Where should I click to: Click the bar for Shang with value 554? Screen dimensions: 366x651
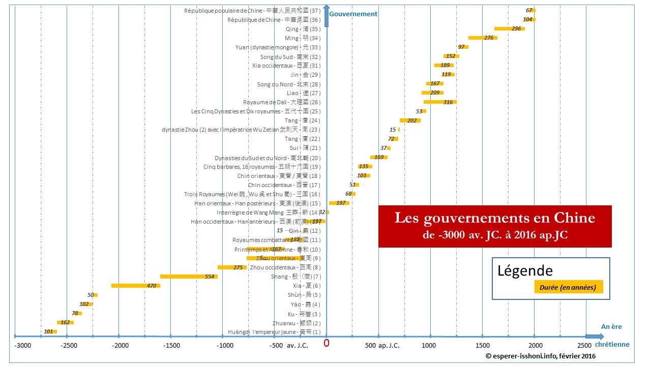pyautogui.click(x=189, y=277)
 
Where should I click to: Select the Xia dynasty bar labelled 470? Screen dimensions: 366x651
pyautogui.click(x=136, y=286)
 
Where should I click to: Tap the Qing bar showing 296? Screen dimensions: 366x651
pyautogui.click(x=509, y=28)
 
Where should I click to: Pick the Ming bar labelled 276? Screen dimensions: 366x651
pyautogui.click(x=483, y=38)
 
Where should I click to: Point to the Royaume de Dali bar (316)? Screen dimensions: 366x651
pyautogui.click(x=440, y=102)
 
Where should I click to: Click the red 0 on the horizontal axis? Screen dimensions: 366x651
pyautogui.click(x=327, y=343)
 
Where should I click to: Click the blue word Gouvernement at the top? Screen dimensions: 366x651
pyautogui.click(x=353, y=14)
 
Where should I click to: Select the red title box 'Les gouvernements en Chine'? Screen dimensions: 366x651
pyautogui.click(x=495, y=226)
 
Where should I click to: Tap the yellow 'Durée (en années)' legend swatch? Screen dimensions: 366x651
pyautogui.click(x=568, y=287)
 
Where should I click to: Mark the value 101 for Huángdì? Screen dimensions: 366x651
pyautogui.click(x=49, y=331)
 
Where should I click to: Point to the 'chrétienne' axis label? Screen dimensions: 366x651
pyautogui.click(x=612, y=345)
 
